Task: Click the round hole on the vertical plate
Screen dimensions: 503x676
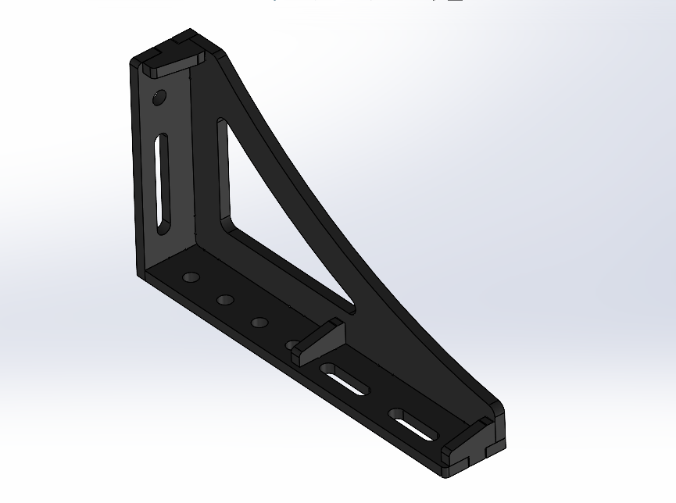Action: pos(159,98)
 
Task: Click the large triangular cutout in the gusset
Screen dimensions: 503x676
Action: pos(266,219)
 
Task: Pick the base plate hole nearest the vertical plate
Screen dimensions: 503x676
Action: pos(191,277)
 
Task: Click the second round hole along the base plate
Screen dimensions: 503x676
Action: pos(227,300)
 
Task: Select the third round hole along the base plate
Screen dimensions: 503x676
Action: pos(260,322)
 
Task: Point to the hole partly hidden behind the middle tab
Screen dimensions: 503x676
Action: pos(292,344)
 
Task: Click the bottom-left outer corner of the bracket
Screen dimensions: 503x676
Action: pos(141,276)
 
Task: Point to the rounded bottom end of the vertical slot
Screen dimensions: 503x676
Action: pos(161,227)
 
